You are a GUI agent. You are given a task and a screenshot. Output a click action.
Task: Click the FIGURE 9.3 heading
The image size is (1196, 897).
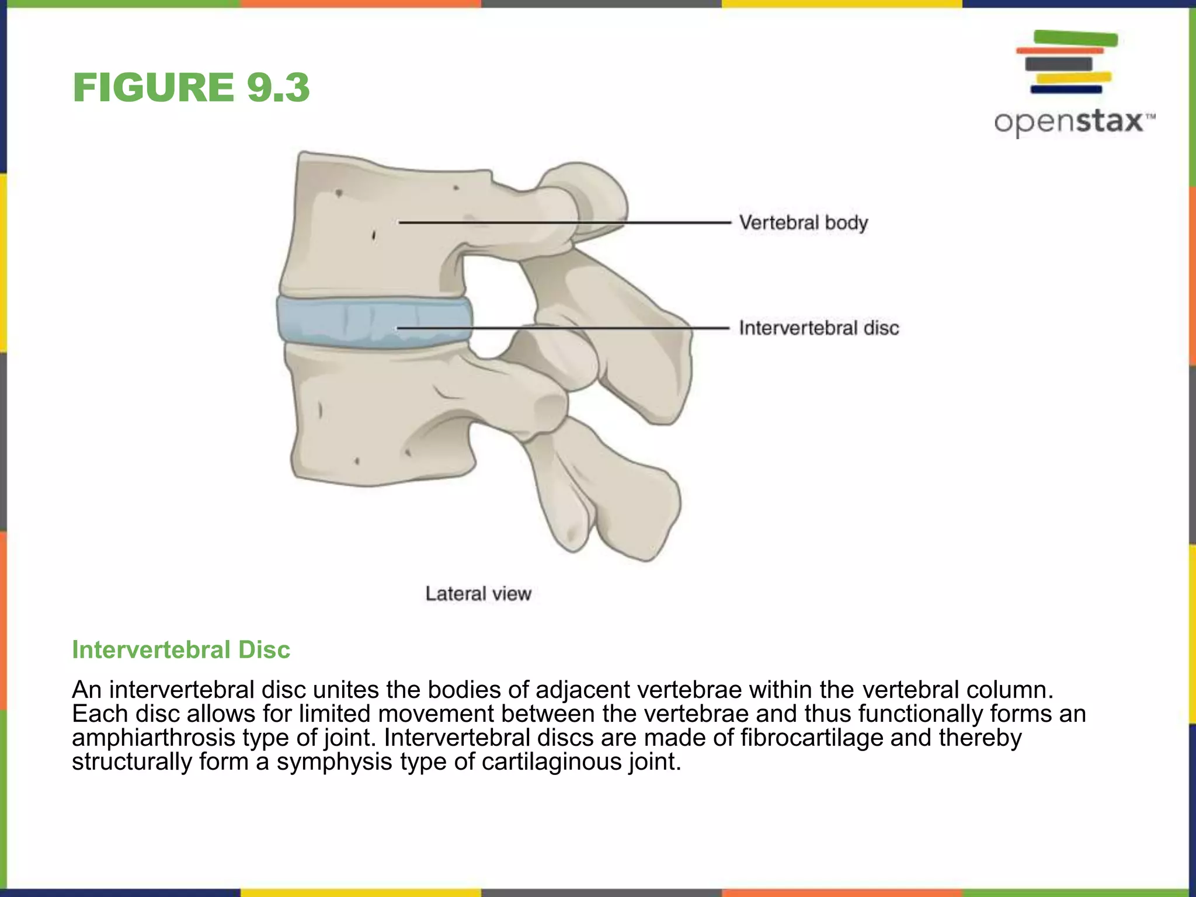[191, 88]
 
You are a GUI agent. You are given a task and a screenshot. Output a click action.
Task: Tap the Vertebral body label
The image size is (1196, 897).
[803, 222]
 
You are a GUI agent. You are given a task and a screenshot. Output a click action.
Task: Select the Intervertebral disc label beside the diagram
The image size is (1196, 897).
[818, 328]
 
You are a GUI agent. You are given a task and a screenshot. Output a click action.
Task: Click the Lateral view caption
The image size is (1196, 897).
[478, 594]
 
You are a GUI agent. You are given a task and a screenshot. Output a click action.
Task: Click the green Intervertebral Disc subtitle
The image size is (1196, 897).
[180, 650]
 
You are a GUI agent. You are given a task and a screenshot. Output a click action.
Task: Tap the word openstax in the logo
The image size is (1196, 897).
[1069, 122]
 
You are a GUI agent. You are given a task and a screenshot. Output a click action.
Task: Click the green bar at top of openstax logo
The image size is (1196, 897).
[1076, 39]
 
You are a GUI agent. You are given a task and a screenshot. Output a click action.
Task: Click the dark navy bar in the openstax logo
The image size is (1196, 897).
[1066, 89]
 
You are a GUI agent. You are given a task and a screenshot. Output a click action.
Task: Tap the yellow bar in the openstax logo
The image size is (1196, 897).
[1073, 77]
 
